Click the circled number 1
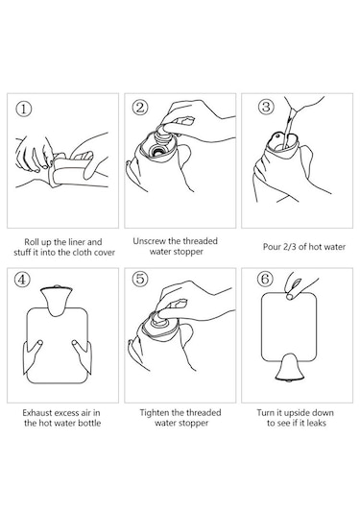24,110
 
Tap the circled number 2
140,108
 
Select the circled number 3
266,107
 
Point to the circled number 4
22,280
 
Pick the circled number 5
140,279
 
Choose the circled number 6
265,279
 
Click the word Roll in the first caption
31,242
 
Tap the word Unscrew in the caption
150,241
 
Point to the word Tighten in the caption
155,413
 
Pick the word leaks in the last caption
316,423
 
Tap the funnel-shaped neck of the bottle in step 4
57,300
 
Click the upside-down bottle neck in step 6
290,368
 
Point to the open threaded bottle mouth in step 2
158,151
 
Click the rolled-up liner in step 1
70,169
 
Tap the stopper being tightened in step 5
162,319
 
